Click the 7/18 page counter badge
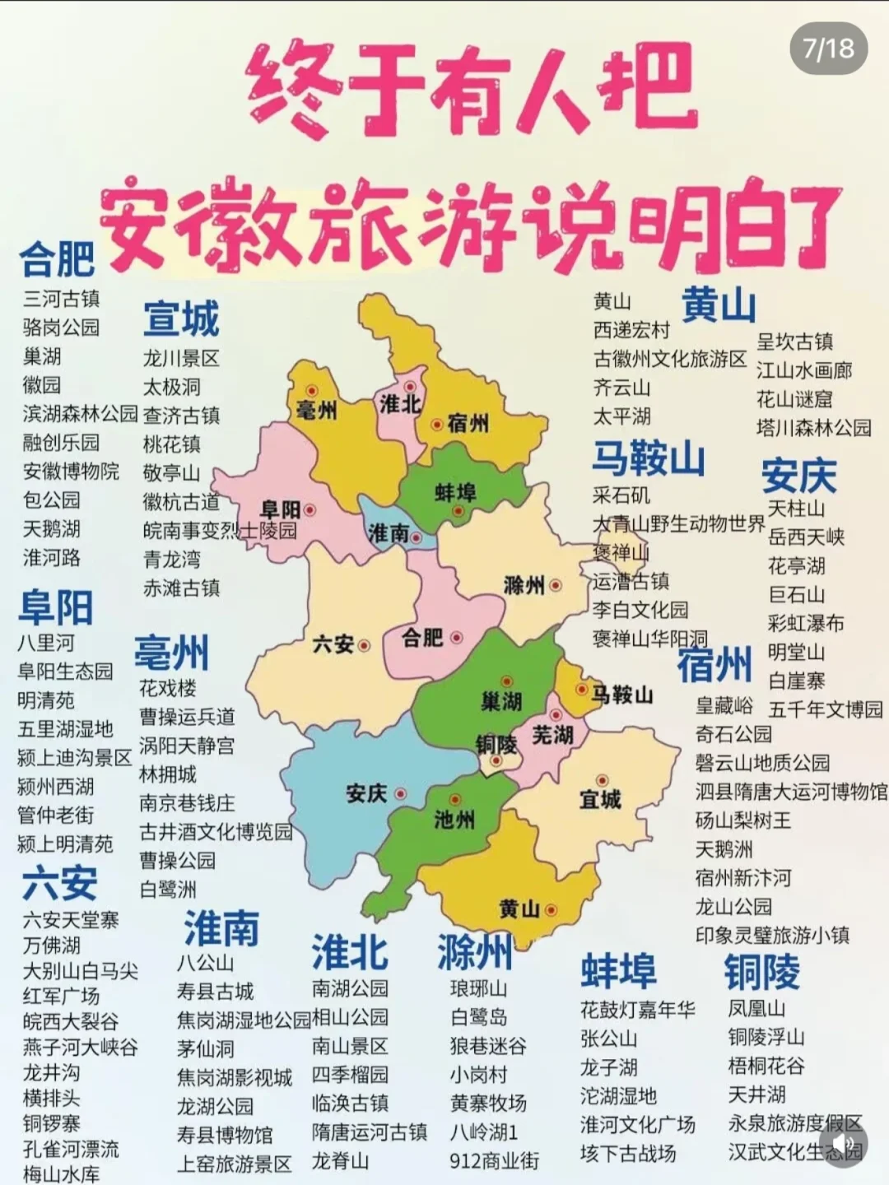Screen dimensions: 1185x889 point(829,49)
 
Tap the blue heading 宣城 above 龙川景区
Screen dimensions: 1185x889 point(181,319)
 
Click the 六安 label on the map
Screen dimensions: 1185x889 point(333,644)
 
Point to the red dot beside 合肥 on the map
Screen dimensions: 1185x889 point(457,638)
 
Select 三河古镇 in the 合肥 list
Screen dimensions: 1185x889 point(62,299)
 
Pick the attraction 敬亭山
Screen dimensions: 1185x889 point(171,473)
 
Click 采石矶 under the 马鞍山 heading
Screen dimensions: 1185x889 point(621,495)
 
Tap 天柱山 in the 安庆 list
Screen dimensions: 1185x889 point(796,509)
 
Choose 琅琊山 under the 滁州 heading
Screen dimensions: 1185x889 point(478,988)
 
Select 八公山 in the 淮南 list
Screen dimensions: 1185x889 point(205,963)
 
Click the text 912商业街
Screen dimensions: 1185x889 point(494,1161)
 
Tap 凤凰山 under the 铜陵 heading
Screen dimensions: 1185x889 point(756,1008)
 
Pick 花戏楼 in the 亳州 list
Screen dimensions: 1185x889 point(168,688)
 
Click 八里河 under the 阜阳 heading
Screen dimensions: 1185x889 point(46,643)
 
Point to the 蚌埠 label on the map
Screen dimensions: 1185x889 point(455,493)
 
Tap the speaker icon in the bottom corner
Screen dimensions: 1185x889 point(844,1144)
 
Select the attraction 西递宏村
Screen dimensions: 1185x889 point(632,330)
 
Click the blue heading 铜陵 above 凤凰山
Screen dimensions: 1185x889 point(761,972)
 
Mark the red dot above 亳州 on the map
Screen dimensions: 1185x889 point(312,391)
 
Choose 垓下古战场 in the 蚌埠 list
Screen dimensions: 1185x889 point(628,1153)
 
